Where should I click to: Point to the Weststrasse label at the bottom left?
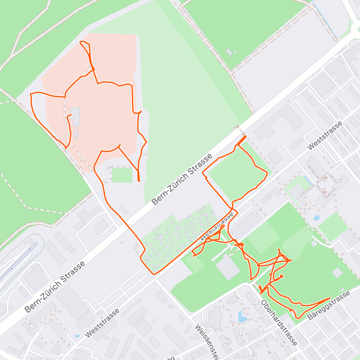click(x=102, y=323)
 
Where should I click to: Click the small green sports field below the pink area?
click(x=122, y=175)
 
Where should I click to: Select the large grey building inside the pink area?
click(x=75, y=116)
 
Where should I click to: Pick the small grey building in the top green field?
click(x=229, y=52)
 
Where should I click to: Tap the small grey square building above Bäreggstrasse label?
click(x=337, y=273)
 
